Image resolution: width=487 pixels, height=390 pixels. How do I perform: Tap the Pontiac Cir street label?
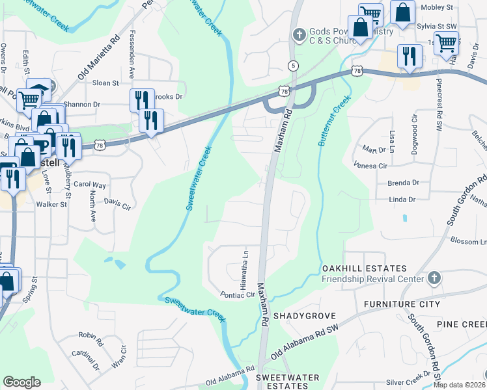(x=238, y=294)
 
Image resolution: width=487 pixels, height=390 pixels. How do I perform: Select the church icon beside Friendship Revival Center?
(x=434, y=279)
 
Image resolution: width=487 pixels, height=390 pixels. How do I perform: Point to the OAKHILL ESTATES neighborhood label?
(x=364, y=268)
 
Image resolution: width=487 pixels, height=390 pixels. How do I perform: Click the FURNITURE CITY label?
(x=398, y=304)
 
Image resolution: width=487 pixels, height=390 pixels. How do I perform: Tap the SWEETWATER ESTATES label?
(x=287, y=382)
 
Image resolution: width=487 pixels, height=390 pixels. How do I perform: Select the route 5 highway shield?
(x=294, y=65)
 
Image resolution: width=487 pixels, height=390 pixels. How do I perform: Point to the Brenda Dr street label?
(x=403, y=183)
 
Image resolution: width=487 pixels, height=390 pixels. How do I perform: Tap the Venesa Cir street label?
(x=369, y=166)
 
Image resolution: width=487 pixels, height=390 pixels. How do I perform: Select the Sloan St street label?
(x=105, y=83)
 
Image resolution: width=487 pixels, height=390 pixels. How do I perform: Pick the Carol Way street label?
(x=90, y=185)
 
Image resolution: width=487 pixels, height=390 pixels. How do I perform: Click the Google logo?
(x=21, y=382)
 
